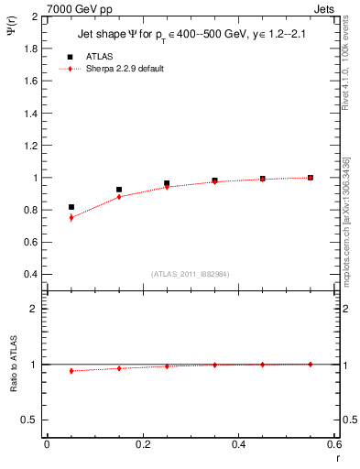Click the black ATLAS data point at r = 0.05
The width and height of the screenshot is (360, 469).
71,207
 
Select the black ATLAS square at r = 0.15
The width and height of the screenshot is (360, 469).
119,190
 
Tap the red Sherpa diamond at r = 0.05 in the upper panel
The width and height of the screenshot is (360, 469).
71,218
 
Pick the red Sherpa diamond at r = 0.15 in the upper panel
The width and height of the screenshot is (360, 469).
119,197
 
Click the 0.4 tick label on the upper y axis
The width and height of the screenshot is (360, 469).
29,274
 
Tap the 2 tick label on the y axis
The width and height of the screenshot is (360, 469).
34,16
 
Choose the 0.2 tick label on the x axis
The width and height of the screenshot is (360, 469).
142,445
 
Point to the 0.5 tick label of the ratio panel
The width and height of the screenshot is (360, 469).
29,420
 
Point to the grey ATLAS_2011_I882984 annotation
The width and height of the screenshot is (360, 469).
190,274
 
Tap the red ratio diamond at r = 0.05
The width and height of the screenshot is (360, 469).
71,371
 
